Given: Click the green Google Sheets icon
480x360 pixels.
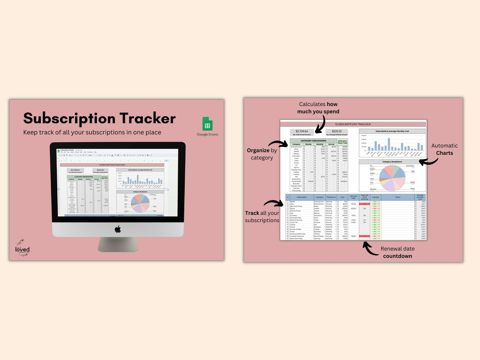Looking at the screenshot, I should pos(207,124).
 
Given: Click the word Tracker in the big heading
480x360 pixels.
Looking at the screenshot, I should pos(147,118).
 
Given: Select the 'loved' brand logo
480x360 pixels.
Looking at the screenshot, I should pos(22,248).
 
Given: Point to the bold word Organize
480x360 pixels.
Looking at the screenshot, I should pos(258,150).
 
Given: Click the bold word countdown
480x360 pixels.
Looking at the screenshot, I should pos(397,256).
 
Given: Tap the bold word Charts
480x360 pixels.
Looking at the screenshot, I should pos(444,153).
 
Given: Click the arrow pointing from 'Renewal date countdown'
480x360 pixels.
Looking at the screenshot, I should pos(370,248).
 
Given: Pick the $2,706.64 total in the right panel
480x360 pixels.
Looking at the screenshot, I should pos(302,131).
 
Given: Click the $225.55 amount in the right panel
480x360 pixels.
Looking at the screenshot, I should pos(336,131).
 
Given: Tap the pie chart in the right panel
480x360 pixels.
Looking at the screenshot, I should pos(392,177).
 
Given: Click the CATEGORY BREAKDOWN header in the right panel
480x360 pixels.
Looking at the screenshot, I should pos(313,141).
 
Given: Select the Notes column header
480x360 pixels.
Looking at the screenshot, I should pos(398,197).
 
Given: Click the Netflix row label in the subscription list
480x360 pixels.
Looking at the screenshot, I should pos(293,202).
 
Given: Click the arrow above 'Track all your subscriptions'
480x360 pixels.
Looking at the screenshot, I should pos(273,203).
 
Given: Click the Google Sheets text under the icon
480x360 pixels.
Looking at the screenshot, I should pos(207,135).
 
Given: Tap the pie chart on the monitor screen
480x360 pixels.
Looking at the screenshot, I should pos(140,203).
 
